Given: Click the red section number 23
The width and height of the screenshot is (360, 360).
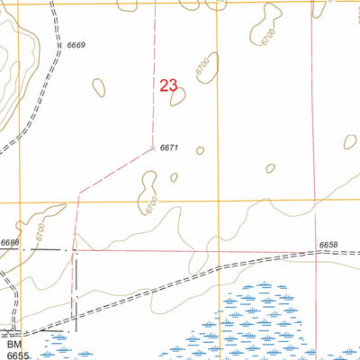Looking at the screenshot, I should pyautogui.click(x=168, y=86).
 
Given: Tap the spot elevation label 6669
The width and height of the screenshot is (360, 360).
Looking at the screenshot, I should pyautogui.click(x=76, y=44).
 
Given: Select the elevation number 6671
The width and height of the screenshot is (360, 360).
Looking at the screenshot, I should pyautogui.click(x=171, y=147).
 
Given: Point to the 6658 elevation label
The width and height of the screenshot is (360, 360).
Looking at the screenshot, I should pyautogui.click(x=328, y=245).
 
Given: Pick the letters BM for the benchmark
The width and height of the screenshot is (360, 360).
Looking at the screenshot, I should pyautogui.click(x=13, y=345).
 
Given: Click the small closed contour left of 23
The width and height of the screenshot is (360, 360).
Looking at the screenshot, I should pyautogui.click(x=98, y=87).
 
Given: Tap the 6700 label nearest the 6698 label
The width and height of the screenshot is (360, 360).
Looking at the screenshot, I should pyautogui.click(x=40, y=231).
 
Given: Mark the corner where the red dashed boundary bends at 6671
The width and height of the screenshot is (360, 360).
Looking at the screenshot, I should pyautogui.click(x=154, y=148).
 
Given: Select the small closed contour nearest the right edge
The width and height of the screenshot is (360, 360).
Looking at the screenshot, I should pyautogui.click(x=351, y=141).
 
